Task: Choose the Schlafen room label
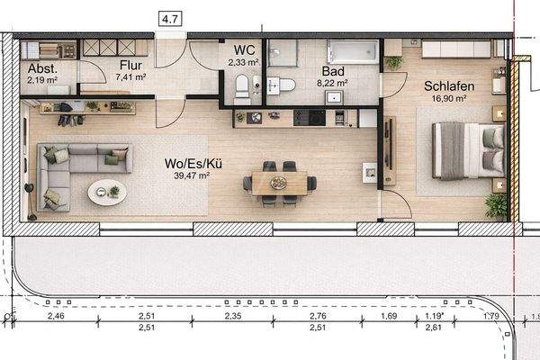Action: [x=449, y=86]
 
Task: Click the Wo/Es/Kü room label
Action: [x=187, y=163]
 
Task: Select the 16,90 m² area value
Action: [x=449, y=102]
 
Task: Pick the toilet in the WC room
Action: [x=241, y=89]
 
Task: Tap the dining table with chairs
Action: [x=280, y=181]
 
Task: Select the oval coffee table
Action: [x=108, y=191]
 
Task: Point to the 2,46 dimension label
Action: [x=56, y=317]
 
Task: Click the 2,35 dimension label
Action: [x=233, y=317]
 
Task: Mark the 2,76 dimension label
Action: [x=317, y=317]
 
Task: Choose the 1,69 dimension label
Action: [x=390, y=317]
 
